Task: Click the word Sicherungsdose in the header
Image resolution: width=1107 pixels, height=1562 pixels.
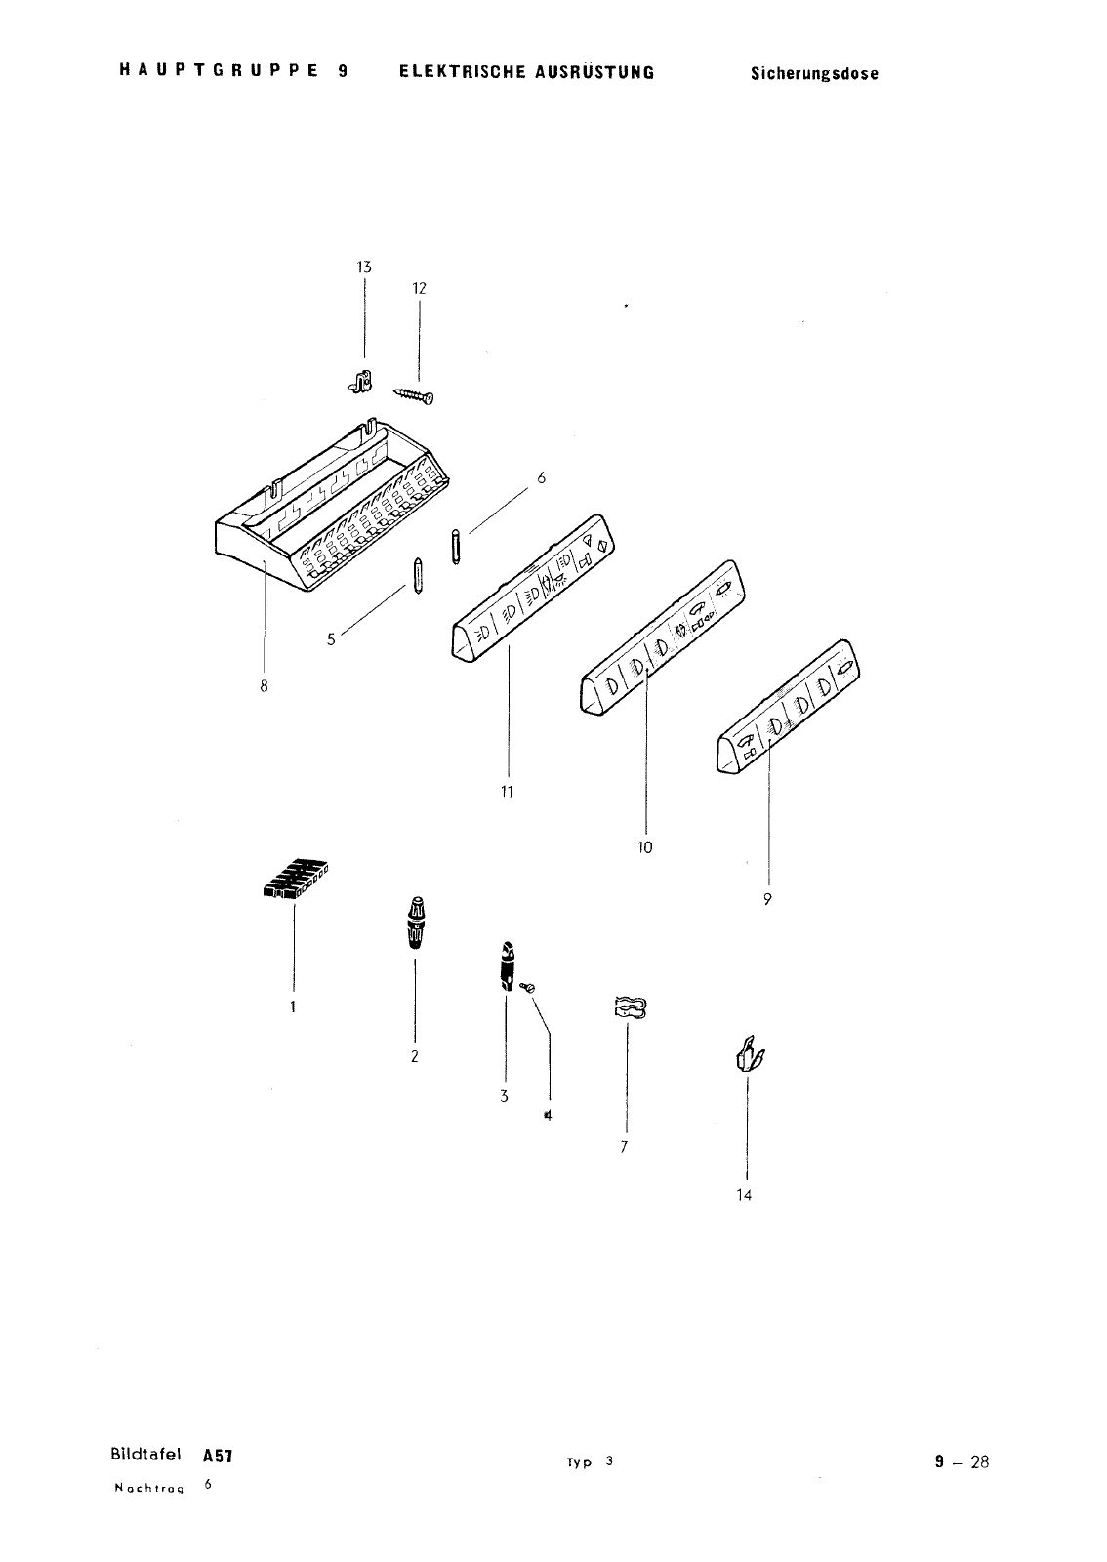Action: tap(814, 74)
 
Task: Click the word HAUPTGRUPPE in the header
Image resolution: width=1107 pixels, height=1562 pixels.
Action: tap(220, 70)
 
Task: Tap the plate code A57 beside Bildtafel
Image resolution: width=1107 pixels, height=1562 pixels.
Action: tap(218, 1456)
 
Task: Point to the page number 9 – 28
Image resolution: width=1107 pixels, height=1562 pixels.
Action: tap(962, 1461)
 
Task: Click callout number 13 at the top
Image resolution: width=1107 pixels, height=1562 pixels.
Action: tap(364, 267)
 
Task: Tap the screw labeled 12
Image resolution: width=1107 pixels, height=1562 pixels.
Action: tap(413, 395)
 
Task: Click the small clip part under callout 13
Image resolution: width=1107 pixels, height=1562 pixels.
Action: tap(360, 382)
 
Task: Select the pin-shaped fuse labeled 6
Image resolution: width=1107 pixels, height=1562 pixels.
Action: tap(456, 547)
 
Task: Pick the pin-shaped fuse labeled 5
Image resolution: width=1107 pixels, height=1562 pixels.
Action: tap(418, 575)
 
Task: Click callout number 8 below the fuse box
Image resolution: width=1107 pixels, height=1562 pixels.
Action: tap(264, 687)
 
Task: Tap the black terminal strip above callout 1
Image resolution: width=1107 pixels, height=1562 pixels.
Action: tap(296, 879)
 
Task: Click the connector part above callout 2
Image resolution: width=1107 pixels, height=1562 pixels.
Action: tap(416, 923)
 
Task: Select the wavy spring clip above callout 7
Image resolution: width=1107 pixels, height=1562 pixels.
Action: tap(631, 1007)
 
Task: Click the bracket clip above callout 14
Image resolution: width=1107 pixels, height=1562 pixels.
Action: tap(749, 1054)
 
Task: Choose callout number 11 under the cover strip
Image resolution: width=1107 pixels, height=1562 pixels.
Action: tap(507, 792)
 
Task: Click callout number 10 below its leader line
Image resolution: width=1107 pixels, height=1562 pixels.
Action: tap(645, 847)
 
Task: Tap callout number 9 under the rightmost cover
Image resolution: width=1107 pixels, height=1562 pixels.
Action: tap(767, 899)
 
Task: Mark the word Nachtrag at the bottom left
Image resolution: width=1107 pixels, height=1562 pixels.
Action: tap(149, 1488)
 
